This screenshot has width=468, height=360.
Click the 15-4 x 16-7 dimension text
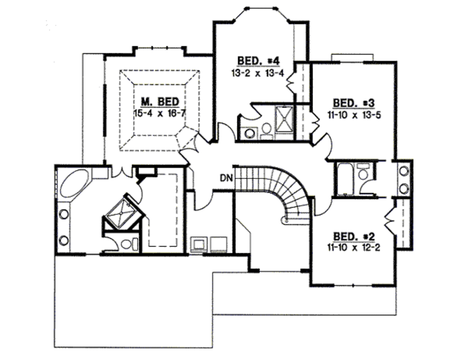(160, 113)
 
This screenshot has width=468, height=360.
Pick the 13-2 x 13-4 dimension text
(258, 72)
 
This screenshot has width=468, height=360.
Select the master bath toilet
(128, 243)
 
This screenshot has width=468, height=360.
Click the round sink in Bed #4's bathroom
(250, 133)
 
